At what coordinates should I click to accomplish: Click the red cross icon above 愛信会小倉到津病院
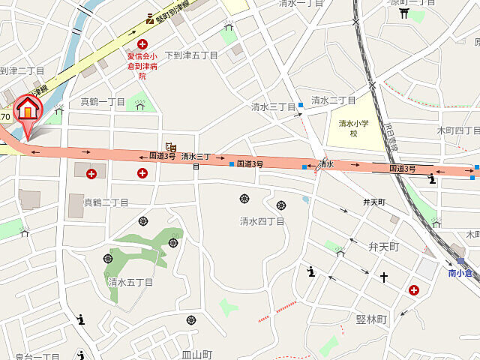142,45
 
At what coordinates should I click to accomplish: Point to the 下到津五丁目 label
190,55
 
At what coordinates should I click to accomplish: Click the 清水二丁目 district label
334,100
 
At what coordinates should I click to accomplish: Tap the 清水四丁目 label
262,221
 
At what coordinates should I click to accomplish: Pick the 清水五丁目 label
130,283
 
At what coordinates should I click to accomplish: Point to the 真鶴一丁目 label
103,102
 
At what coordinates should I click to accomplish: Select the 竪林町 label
371,319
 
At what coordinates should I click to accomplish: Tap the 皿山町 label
197,354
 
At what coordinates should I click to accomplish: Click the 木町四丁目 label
457,130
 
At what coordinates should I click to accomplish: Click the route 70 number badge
5,117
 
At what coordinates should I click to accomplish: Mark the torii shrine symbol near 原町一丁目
405,13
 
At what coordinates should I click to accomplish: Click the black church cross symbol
384,277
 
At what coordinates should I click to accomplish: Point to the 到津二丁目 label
22,70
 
